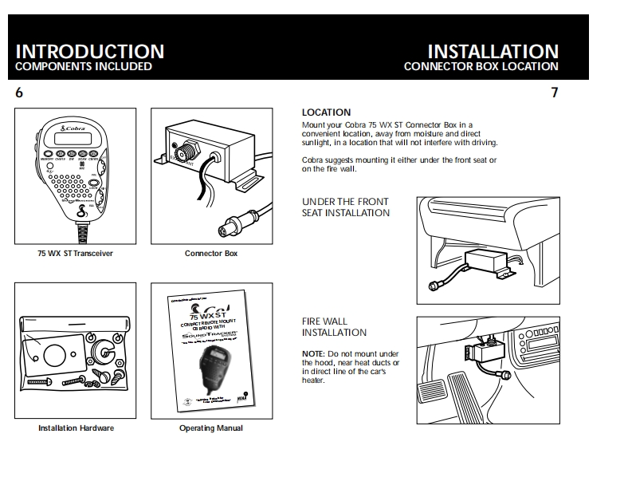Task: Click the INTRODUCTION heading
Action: point(90,51)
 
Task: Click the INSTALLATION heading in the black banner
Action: point(493,51)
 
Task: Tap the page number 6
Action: point(19,93)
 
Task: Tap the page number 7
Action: point(554,93)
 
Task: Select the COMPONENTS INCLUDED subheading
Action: point(84,67)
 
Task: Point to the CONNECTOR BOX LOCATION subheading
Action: point(481,67)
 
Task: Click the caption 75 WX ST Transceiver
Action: point(75,254)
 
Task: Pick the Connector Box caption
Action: point(210,254)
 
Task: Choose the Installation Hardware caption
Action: point(76,428)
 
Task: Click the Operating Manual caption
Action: point(210,428)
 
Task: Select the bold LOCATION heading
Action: point(326,112)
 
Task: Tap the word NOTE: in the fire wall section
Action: point(312,353)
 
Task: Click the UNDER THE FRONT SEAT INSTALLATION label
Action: point(345,207)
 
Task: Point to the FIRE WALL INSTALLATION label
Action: point(334,327)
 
